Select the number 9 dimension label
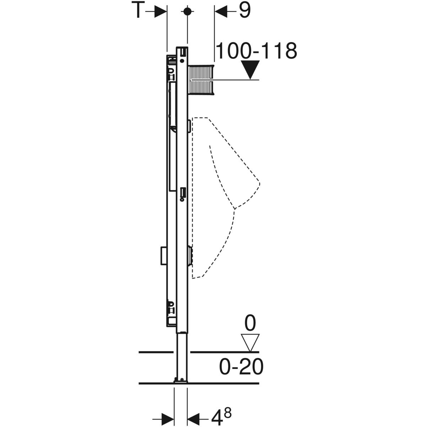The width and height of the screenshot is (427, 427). (244, 10)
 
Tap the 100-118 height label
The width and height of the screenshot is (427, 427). (256, 51)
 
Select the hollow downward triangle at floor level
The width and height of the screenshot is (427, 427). (250, 343)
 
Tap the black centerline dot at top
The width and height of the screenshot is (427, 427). (188, 11)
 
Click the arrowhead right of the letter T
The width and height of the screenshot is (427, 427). (160, 11)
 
